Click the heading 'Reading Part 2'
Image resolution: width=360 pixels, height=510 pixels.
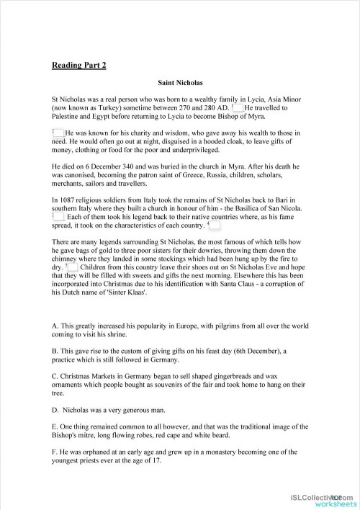pyautogui.click(x=78, y=66)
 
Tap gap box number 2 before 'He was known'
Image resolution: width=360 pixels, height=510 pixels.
pyautogui.click(x=59, y=133)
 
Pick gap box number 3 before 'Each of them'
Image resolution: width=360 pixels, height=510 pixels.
pyautogui.click(x=59, y=216)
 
